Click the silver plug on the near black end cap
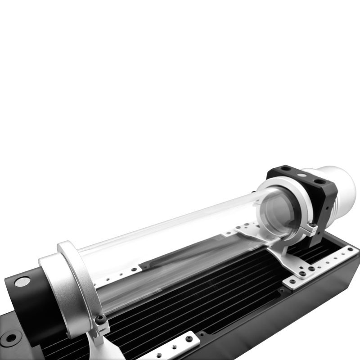(x=22, y=282)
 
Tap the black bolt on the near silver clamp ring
(x=101, y=319)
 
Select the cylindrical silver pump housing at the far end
(x=340, y=189)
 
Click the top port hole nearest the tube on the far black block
(x=285, y=169)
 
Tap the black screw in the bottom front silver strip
(x=189, y=338)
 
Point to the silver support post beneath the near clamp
(x=101, y=346)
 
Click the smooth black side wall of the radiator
(x=292, y=324)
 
